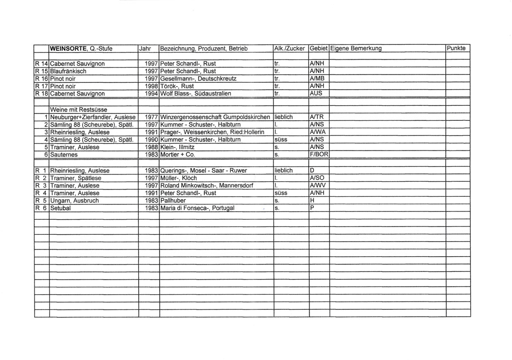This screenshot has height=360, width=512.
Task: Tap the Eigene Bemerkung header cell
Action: (356, 49)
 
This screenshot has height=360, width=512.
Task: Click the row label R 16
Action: (41, 78)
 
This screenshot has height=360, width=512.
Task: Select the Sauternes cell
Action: (65, 154)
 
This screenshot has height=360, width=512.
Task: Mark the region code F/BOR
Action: (319, 154)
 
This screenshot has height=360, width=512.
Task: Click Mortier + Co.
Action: (177, 154)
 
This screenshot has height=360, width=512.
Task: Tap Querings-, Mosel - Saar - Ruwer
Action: (203, 171)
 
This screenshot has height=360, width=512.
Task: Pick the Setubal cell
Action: (61, 208)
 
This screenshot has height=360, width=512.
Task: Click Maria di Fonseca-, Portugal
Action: (197, 208)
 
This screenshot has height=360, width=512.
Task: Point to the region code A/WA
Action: (318, 132)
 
